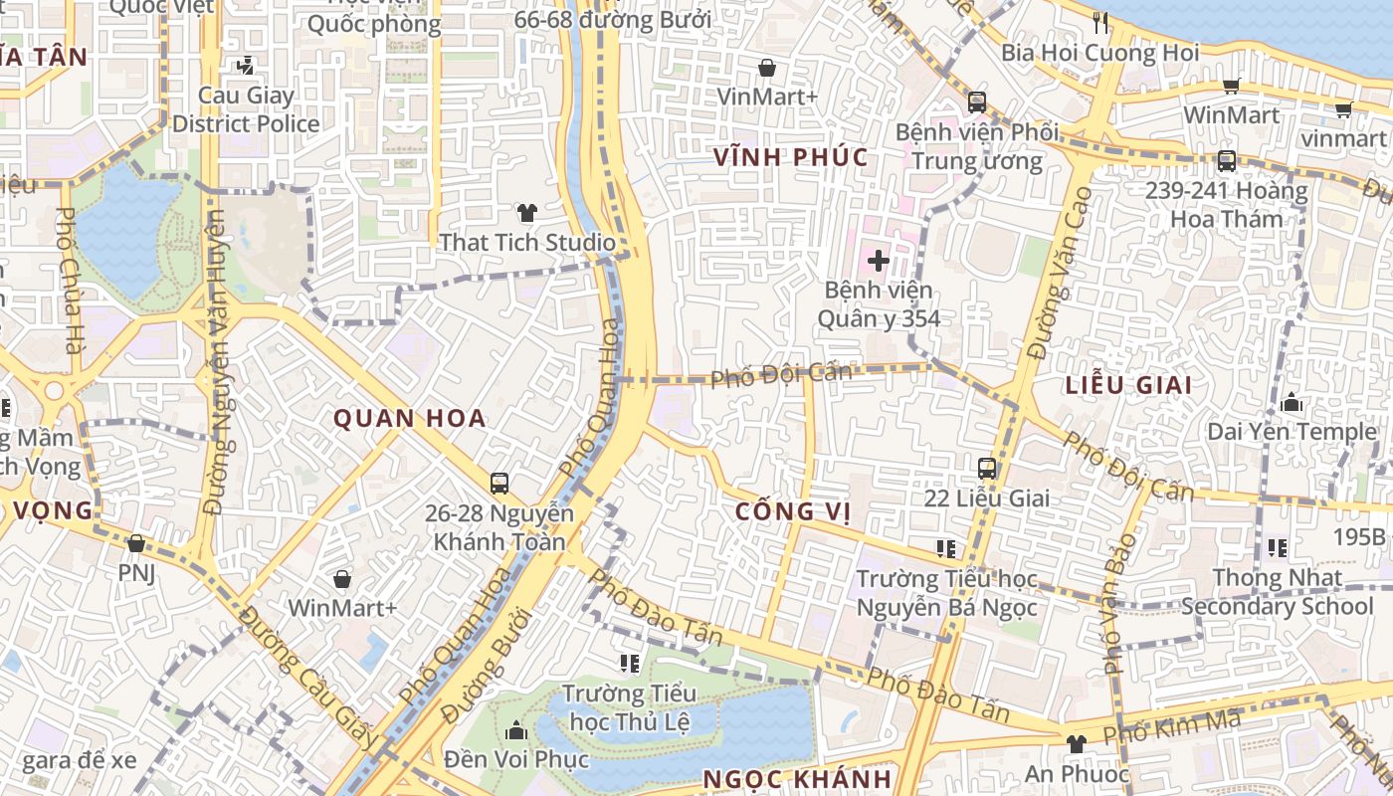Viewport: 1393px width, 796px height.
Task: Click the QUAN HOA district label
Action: [409, 419]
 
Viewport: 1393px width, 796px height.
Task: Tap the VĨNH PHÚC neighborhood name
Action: [791, 157]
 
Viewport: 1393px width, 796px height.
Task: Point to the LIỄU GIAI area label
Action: [1128, 385]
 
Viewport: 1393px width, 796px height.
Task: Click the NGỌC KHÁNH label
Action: [797, 779]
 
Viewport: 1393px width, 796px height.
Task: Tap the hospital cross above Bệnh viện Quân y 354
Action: [878, 262]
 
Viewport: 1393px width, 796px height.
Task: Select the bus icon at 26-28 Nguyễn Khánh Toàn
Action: [499, 484]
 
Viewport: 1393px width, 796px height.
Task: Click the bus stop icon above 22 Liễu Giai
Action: [986, 468]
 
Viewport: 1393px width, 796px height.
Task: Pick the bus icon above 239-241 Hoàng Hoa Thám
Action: [1226, 161]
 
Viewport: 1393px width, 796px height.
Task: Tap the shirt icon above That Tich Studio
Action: [526, 213]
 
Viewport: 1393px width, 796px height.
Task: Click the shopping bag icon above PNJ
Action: [136, 543]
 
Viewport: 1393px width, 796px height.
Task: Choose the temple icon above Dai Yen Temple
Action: [1292, 403]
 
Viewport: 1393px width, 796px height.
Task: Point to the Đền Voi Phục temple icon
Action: [515, 731]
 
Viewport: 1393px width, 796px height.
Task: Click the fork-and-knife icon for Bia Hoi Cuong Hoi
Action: [1099, 22]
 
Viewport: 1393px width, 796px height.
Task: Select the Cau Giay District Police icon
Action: [245, 67]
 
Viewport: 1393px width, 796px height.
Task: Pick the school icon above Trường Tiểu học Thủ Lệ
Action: [629, 663]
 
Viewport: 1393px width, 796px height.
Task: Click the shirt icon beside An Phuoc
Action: [1075, 744]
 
